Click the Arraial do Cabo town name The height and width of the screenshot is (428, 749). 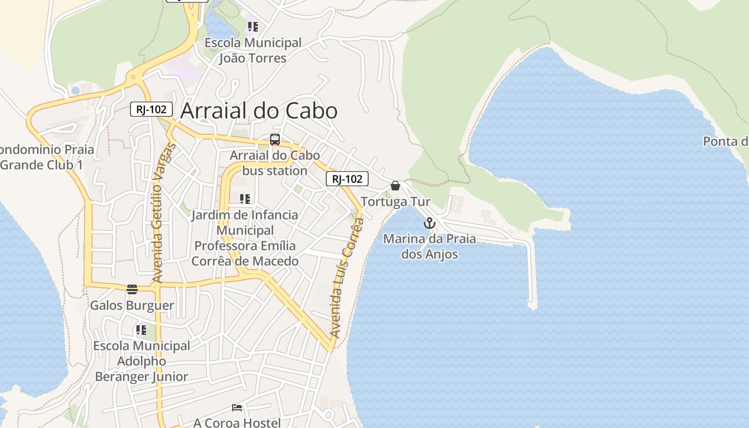(x=259, y=111)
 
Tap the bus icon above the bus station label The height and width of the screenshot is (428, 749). (x=275, y=140)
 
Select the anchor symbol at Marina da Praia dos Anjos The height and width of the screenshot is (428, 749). (x=430, y=223)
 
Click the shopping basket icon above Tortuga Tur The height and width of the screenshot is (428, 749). (x=395, y=186)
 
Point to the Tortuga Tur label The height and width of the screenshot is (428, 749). (x=395, y=202)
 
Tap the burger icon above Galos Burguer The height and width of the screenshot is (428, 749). (x=132, y=289)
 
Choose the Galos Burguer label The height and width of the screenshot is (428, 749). (x=132, y=305)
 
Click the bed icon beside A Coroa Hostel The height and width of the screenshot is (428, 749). (x=237, y=408)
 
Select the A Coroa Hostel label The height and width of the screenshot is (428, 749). (x=237, y=423)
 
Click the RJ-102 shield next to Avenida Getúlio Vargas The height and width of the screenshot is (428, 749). (x=151, y=110)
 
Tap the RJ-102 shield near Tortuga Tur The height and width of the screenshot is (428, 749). (x=347, y=179)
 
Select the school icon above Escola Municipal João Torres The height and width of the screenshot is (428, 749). (x=253, y=27)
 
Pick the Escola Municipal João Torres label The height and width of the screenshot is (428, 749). (x=253, y=50)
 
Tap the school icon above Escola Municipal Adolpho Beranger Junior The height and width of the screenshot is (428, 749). (x=141, y=330)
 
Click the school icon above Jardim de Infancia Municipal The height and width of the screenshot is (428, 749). (x=245, y=199)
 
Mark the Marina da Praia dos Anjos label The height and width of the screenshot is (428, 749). (x=430, y=246)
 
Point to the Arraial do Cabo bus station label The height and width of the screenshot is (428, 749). (x=275, y=163)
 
